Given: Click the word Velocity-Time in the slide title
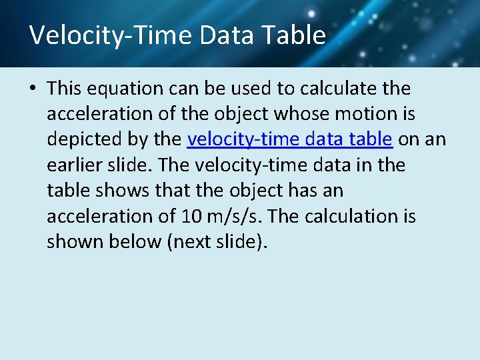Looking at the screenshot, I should (110, 35).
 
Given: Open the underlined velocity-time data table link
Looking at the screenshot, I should (290, 139).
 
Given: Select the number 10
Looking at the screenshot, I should (189, 216).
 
